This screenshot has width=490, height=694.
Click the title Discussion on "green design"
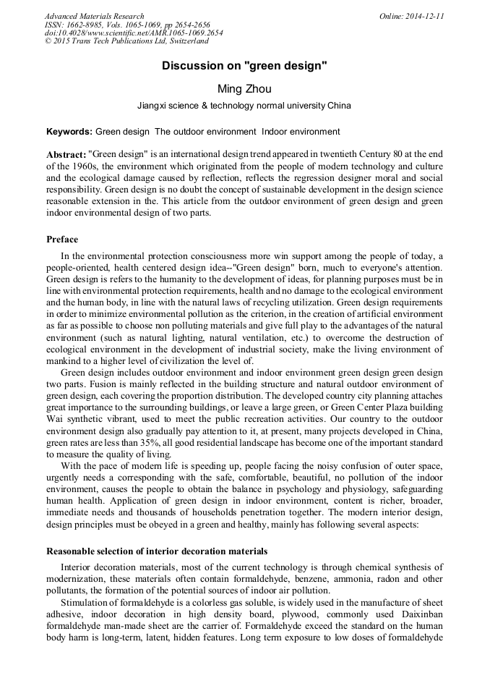click(244, 66)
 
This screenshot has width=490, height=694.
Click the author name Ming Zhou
click(244, 89)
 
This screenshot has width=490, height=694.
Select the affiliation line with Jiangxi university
click(244, 106)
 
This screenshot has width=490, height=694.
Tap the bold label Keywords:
click(69, 132)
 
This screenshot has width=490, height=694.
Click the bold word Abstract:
click(66, 155)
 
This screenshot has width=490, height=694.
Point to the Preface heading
click(62, 240)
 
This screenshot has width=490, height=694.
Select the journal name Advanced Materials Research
click(94, 16)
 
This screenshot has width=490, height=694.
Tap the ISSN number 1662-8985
click(87, 25)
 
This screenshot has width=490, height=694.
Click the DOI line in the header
click(134, 33)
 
